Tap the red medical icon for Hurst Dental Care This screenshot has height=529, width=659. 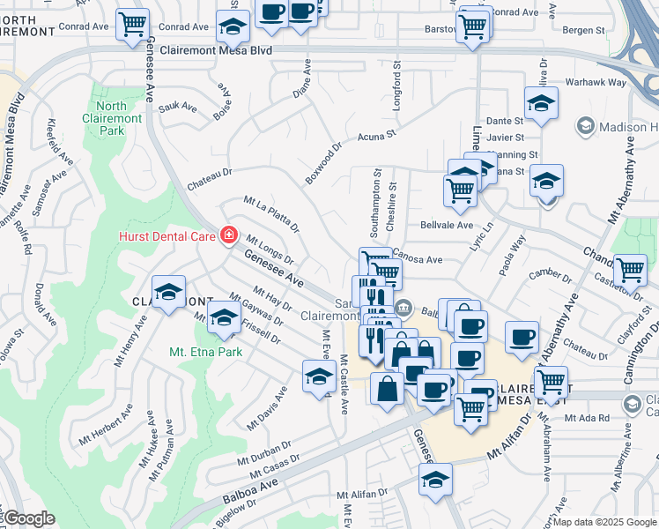pos(228,235)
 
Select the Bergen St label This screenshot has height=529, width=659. pos(584,30)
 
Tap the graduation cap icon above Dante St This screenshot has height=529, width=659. pos(540,101)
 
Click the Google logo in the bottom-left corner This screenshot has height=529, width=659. pos(29,518)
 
